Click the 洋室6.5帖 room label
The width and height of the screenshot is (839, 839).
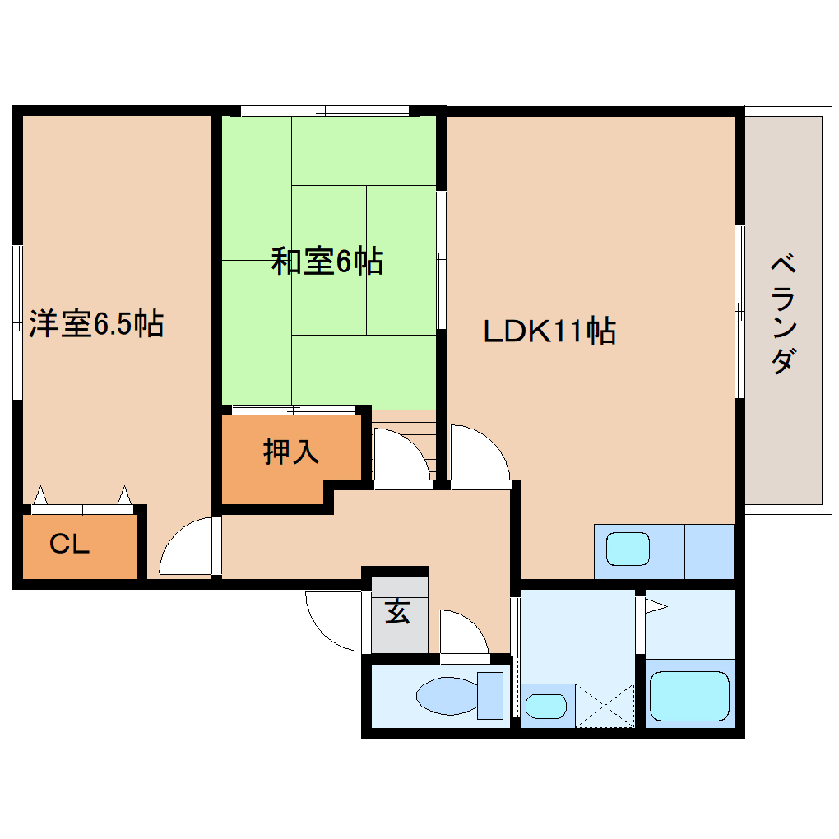(x=96, y=323)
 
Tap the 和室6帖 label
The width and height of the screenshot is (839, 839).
(x=327, y=262)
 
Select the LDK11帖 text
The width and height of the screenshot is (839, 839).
(x=549, y=331)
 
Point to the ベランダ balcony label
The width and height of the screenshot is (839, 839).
(x=784, y=315)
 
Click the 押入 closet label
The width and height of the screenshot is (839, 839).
(x=291, y=452)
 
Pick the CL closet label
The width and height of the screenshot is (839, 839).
(x=69, y=545)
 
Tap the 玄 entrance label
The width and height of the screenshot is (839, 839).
(x=398, y=612)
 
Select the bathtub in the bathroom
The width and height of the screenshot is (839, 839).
(x=689, y=696)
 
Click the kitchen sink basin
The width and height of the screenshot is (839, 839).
(x=627, y=549)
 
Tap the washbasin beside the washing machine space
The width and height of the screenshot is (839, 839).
(x=545, y=706)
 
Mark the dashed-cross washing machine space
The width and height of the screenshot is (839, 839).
(x=605, y=705)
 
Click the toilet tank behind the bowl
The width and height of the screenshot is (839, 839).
(x=490, y=695)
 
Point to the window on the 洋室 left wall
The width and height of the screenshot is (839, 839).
(x=17, y=322)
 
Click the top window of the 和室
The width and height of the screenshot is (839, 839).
(x=325, y=110)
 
